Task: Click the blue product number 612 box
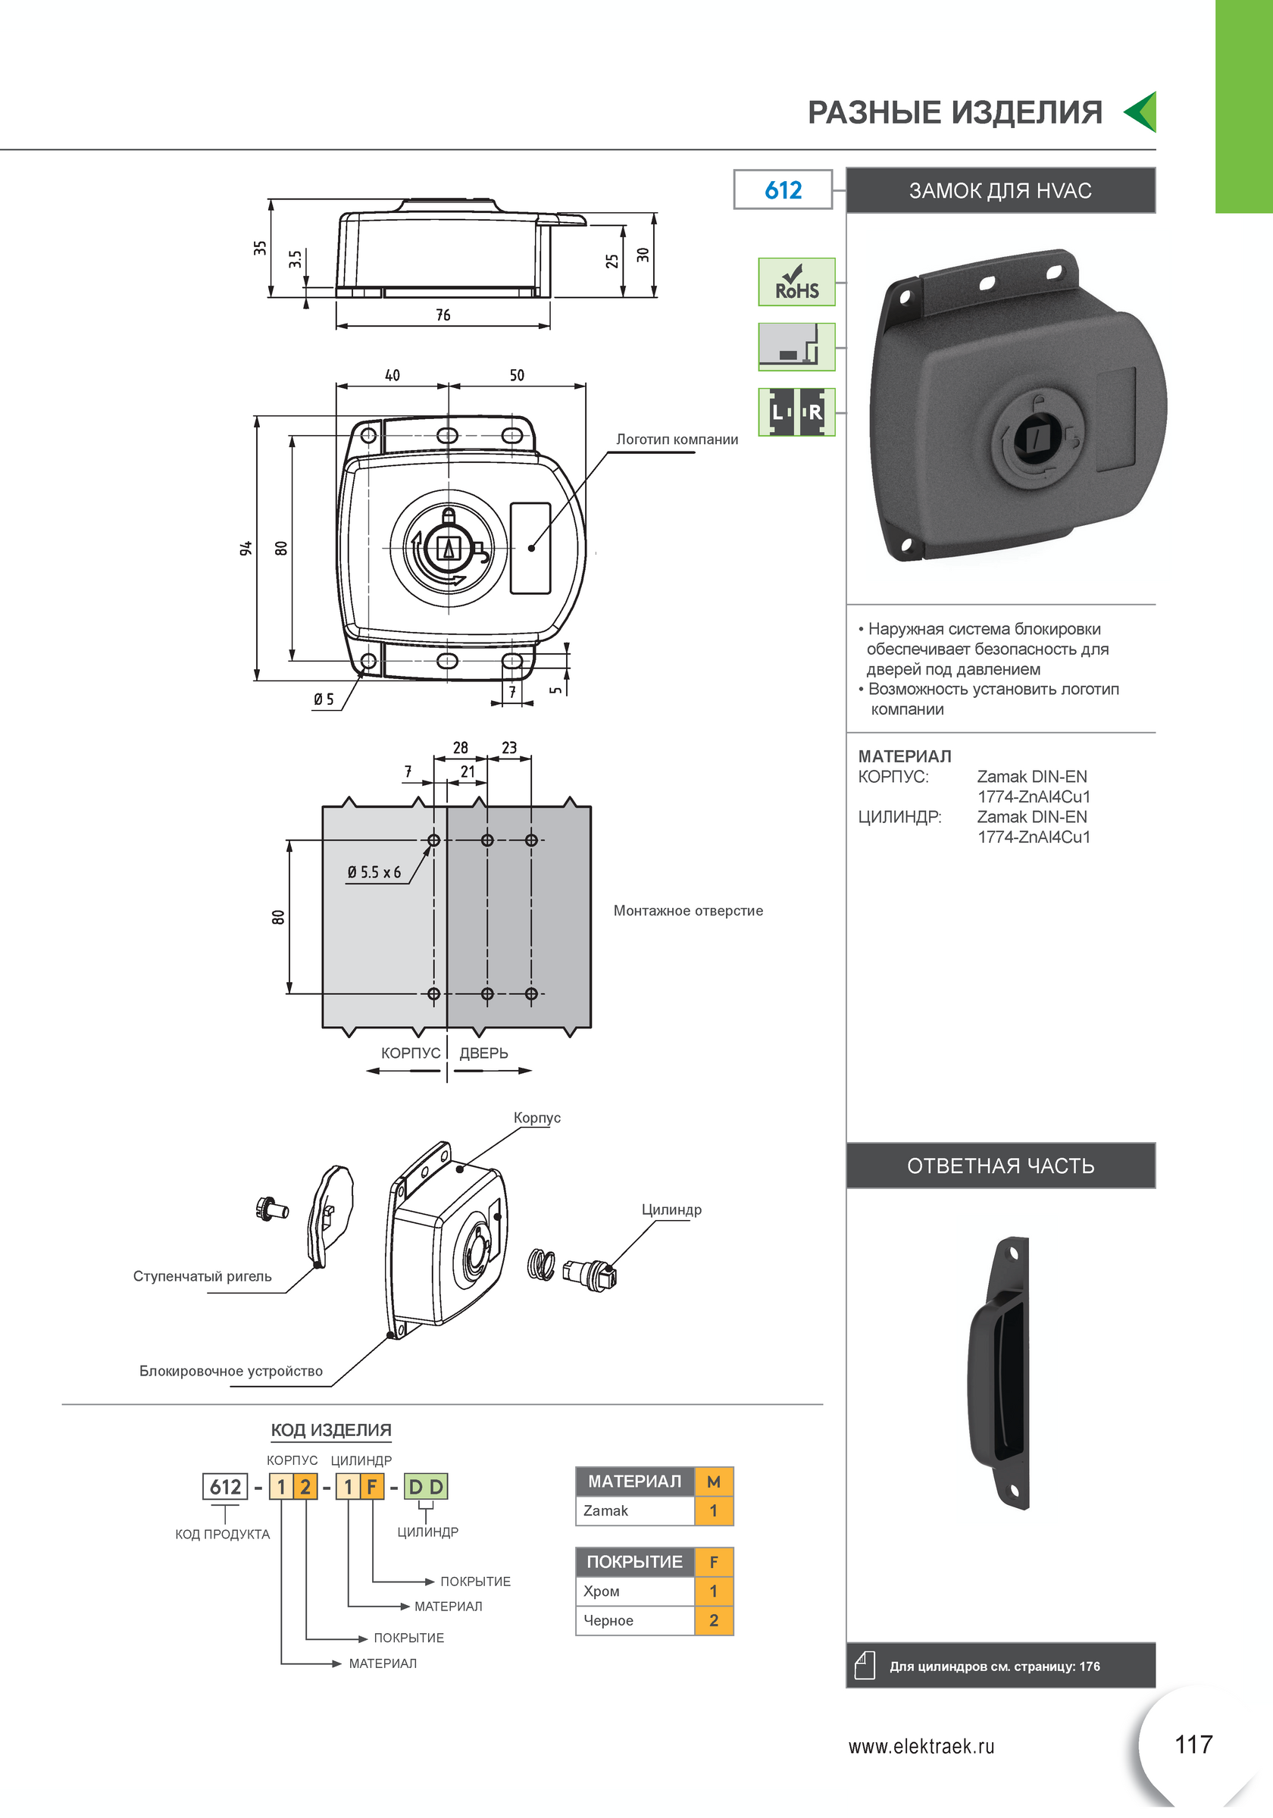[x=782, y=189]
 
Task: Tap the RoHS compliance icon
[x=796, y=282]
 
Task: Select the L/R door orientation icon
[x=796, y=411]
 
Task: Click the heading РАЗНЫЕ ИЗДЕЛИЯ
[x=955, y=112]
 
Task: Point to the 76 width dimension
[x=443, y=315]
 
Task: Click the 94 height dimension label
[x=246, y=548]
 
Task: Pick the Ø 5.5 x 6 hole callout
[x=374, y=872]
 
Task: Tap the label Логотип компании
[x=677, y=440]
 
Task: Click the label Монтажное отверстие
[x=688, y=911]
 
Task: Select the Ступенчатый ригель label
[x=202, y=1276]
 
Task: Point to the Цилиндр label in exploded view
[x=671, y=1210]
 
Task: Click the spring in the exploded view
[x=542, y=1264]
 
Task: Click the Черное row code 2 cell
[x=714, y=1620]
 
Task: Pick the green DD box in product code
[x=426, y=1486]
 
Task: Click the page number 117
[x=1193, y=1744]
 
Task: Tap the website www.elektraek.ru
[x=921, y=1746]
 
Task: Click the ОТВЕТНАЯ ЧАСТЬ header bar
[x=1001, y=1166]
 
